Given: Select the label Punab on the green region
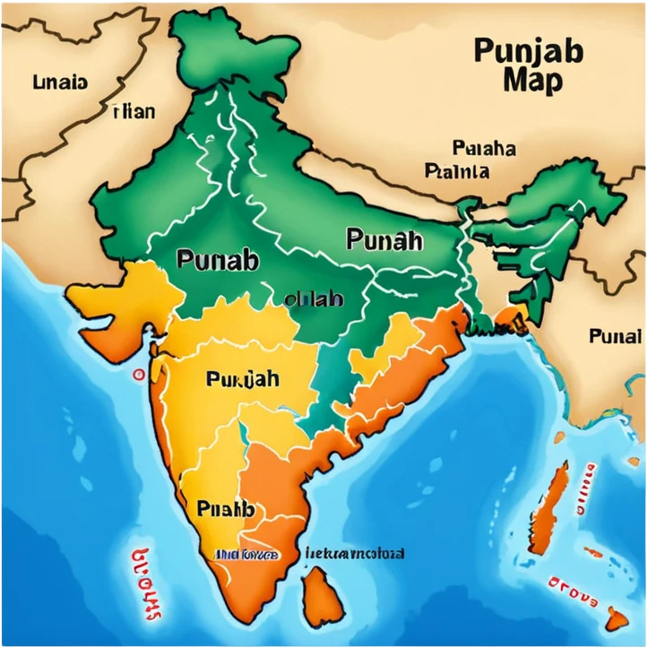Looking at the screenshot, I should point(218,261).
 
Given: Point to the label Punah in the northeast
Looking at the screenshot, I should point(384,239).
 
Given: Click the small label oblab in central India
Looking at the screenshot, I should point(313,299).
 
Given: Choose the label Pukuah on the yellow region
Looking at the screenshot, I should point(242,379).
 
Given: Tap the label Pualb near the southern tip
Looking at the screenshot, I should point(225,509).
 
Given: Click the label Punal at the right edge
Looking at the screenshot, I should point(615,337).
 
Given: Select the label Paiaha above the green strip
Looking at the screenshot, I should point(484,148).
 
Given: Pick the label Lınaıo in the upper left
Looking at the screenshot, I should point(60,82).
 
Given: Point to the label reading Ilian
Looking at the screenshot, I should point(134,112).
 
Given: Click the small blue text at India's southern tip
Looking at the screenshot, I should point(245,555).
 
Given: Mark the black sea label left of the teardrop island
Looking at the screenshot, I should point(354,553).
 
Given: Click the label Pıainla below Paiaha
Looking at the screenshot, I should point(457,170).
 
